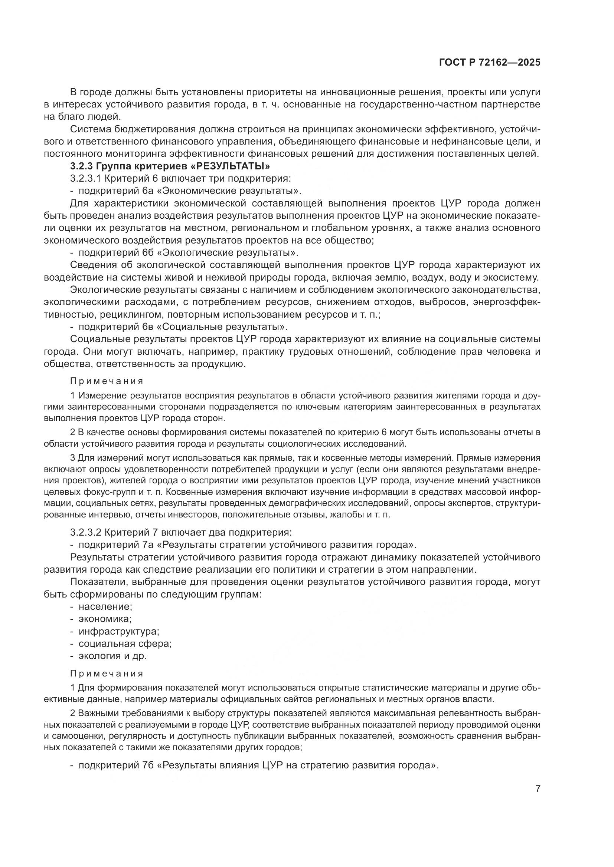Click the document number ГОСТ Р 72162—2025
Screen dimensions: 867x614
pos(490,63)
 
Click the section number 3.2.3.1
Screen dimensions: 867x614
pos(86,179)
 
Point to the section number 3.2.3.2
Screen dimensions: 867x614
pos(86,532)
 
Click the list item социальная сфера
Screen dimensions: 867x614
pos(125,643)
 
